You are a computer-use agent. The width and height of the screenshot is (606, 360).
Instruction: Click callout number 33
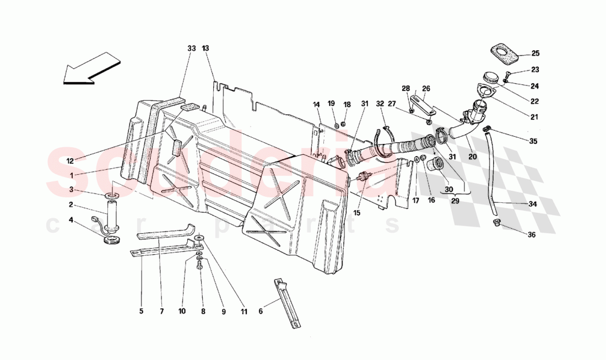tap(191, 49)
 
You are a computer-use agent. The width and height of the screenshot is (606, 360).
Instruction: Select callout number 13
tap(205, 49)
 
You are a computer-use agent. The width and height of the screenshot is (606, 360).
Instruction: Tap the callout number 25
tap(535, 53)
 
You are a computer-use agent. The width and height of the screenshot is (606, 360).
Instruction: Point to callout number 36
tap(531, 234)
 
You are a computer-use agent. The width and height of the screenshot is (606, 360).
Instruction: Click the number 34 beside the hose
tap(533, 204)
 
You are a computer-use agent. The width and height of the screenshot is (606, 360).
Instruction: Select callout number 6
tap(261, 311)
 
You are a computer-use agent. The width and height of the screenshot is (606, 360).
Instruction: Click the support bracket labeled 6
tap(287, 303)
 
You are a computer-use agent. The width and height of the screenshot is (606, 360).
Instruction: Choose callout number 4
tap(70, 220)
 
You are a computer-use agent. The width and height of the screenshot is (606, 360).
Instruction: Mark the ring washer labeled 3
tap(112, 196)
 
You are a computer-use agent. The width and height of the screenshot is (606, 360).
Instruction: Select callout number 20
tap(473, 156)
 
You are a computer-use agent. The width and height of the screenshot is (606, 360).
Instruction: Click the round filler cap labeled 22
tap(490, 77)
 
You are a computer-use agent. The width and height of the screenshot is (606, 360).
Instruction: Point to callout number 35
tap(533, 141)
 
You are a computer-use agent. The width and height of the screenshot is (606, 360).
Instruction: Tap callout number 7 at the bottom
tap(162, 311)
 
